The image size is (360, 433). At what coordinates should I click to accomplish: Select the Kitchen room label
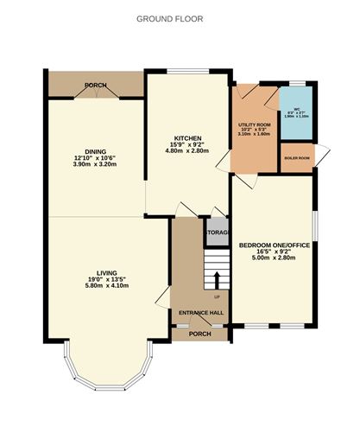pos(187,138)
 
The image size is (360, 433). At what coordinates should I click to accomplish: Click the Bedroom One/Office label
pos(274,245)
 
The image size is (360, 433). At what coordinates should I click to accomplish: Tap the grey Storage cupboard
pos(216,232)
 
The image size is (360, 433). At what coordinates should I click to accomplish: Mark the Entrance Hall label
pos(199,313)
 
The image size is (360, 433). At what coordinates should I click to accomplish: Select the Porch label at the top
pos(95,85)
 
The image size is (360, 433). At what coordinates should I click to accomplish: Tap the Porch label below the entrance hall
pos(200,334)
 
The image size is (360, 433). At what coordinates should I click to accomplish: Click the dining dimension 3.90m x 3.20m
pos(94,163)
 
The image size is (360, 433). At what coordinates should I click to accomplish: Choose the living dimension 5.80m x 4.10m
pos(106,286)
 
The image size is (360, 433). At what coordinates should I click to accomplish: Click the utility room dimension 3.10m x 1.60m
pos(254,136)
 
